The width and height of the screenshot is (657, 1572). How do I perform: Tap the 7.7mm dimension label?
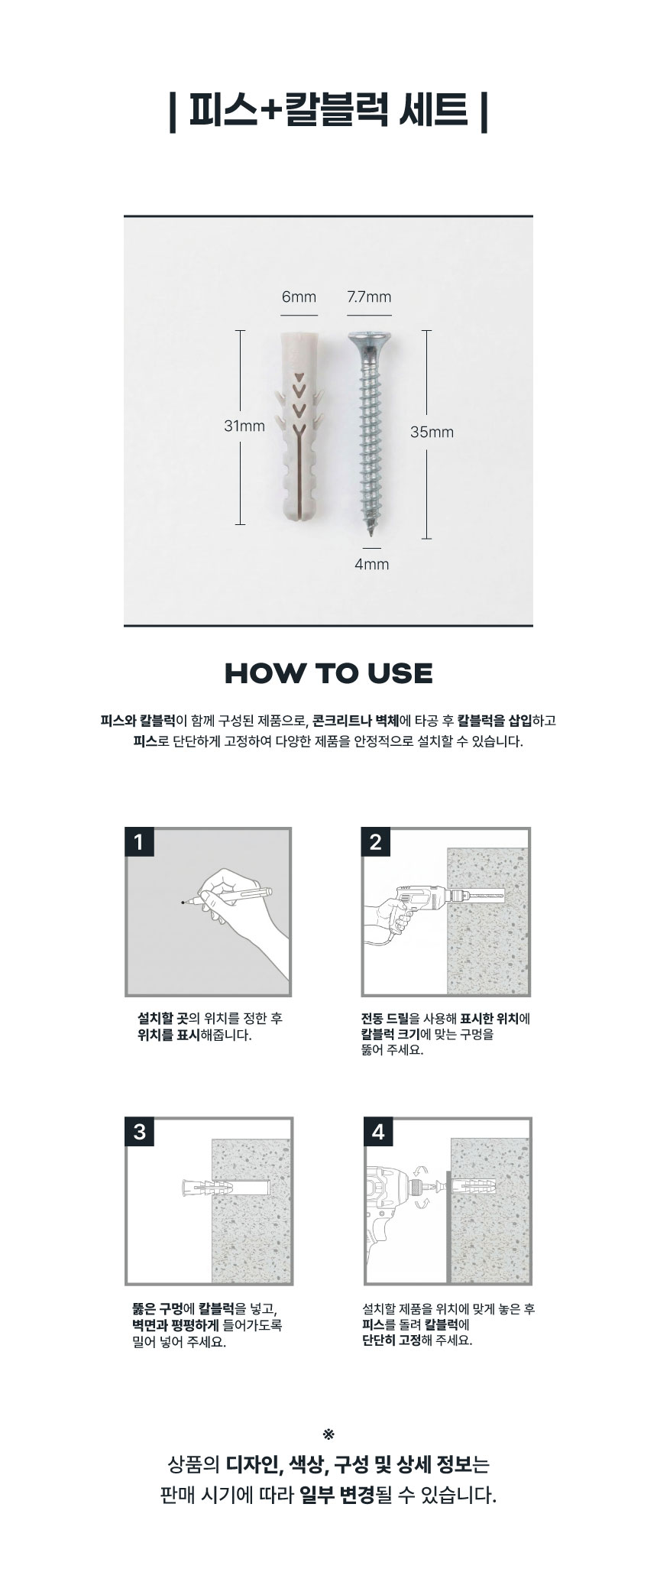pyautogui.click(x=369, y=297)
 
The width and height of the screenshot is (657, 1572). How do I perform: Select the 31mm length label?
pyautogui.click(x=244, y=426)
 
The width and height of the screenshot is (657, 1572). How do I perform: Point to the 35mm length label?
pyautogui.click(x=432, y=432)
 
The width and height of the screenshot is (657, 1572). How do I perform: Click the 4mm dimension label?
pyautogui.click(x=372, y=564)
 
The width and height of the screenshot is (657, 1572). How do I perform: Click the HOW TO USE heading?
pyautogui.click(x=328, y=673)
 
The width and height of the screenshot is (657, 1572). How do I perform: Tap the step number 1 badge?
pyautogui.click(x=139, y=842)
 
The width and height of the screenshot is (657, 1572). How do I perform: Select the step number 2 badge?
pyautogui.click(x=375, y=842)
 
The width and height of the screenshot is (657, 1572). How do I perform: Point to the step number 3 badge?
pyautogui.click(x=139, y=1131)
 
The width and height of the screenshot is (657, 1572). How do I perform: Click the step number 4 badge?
pyautogui.click(x=378, y=1131)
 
